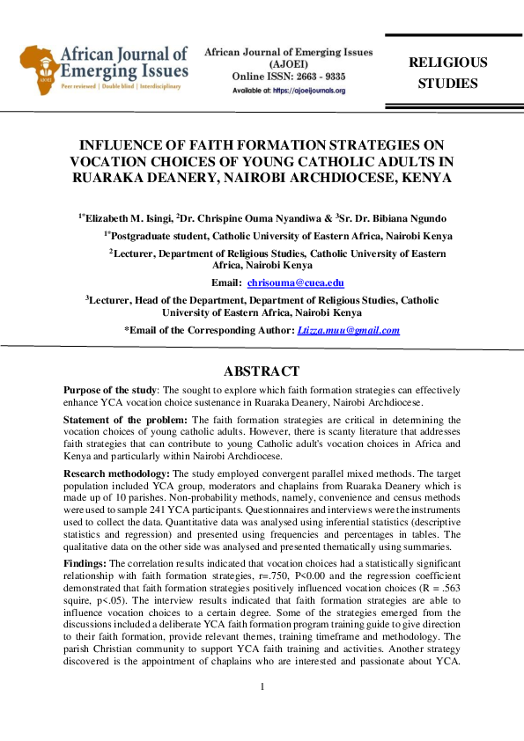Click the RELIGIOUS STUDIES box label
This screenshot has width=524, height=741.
pyautogui.click(x=447, y=73)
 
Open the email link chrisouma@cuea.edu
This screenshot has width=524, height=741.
pyautogui.click(x=295, y=282)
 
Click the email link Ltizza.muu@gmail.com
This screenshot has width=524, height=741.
pyautogui.click(x=350, y=330)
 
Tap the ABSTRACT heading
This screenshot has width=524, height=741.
pyautogui.click(x=262, y=371)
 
